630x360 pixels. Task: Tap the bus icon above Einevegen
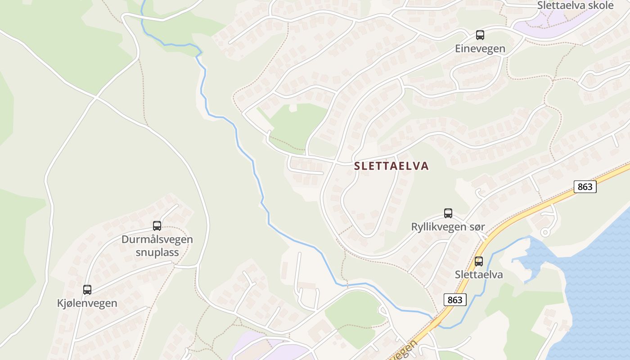[480, 35]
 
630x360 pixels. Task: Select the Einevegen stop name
[480, 49]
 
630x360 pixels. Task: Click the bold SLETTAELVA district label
[391, 166]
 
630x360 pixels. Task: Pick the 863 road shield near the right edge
[585, 186]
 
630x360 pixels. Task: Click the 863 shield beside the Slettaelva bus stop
[455, 300]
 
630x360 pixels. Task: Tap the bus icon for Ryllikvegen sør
[448, 213]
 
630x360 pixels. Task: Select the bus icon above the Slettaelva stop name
[479, 261]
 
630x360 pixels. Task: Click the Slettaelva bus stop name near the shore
[479, 274]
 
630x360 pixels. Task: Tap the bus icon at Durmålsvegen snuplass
[157, 226]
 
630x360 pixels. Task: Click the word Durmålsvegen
[157, 239]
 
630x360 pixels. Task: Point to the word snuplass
[157, 252]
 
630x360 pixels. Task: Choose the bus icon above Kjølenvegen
[87, 290]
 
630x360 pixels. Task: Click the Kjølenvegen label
[87, 303]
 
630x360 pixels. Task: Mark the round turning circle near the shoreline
[545, 232]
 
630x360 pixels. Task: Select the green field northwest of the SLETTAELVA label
[297, 126]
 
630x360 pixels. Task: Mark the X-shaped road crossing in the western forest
[96, 97]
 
